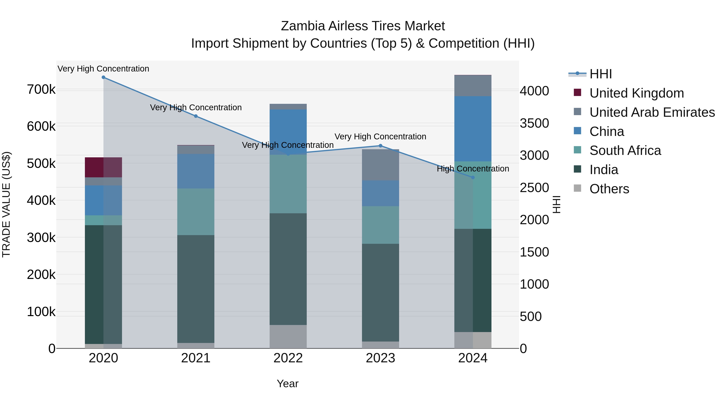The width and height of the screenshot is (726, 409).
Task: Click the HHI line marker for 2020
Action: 103,77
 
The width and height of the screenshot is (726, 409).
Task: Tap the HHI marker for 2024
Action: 473,178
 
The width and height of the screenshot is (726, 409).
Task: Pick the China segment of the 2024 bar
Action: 473,129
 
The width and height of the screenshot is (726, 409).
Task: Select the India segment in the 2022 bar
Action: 288,269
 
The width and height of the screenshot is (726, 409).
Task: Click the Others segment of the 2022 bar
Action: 288,336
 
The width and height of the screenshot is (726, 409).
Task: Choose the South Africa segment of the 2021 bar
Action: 196,212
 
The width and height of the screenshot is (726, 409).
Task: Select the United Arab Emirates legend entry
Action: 652,112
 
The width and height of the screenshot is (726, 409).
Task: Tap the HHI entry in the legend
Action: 600,74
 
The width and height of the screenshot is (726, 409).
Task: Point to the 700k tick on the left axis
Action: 41,90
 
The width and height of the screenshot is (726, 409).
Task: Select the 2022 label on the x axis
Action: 288,358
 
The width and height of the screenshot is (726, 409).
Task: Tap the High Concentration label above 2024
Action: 473,169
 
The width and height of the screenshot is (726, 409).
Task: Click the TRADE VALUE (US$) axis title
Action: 6,204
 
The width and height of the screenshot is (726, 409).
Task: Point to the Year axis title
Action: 287,384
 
